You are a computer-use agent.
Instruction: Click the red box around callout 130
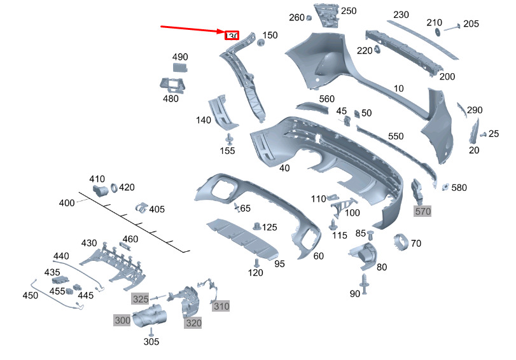(232, 36)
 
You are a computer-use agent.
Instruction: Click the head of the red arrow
(225, 32)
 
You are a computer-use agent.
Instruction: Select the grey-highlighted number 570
(423, 211)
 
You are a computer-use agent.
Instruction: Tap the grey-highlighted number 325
(141, 299)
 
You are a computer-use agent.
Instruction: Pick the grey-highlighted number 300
(122, 320)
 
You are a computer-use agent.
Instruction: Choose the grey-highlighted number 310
(221, 307)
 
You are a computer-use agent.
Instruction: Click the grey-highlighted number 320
(193, 323)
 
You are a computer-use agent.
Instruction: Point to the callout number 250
(349, 11)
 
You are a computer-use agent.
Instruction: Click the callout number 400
(67, 203)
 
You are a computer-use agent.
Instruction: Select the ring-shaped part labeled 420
(114, 188)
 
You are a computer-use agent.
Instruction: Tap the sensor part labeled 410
(100, 190)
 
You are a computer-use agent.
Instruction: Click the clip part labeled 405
(142, 208)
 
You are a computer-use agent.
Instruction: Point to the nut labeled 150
(261, 43)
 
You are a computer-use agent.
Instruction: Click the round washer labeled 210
(438, 32)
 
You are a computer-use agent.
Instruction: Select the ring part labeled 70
(401, 242)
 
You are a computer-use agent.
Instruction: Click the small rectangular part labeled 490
(180, 67)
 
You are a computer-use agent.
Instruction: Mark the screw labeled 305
(151, 332)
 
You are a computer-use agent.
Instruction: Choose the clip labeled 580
(445, 188)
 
